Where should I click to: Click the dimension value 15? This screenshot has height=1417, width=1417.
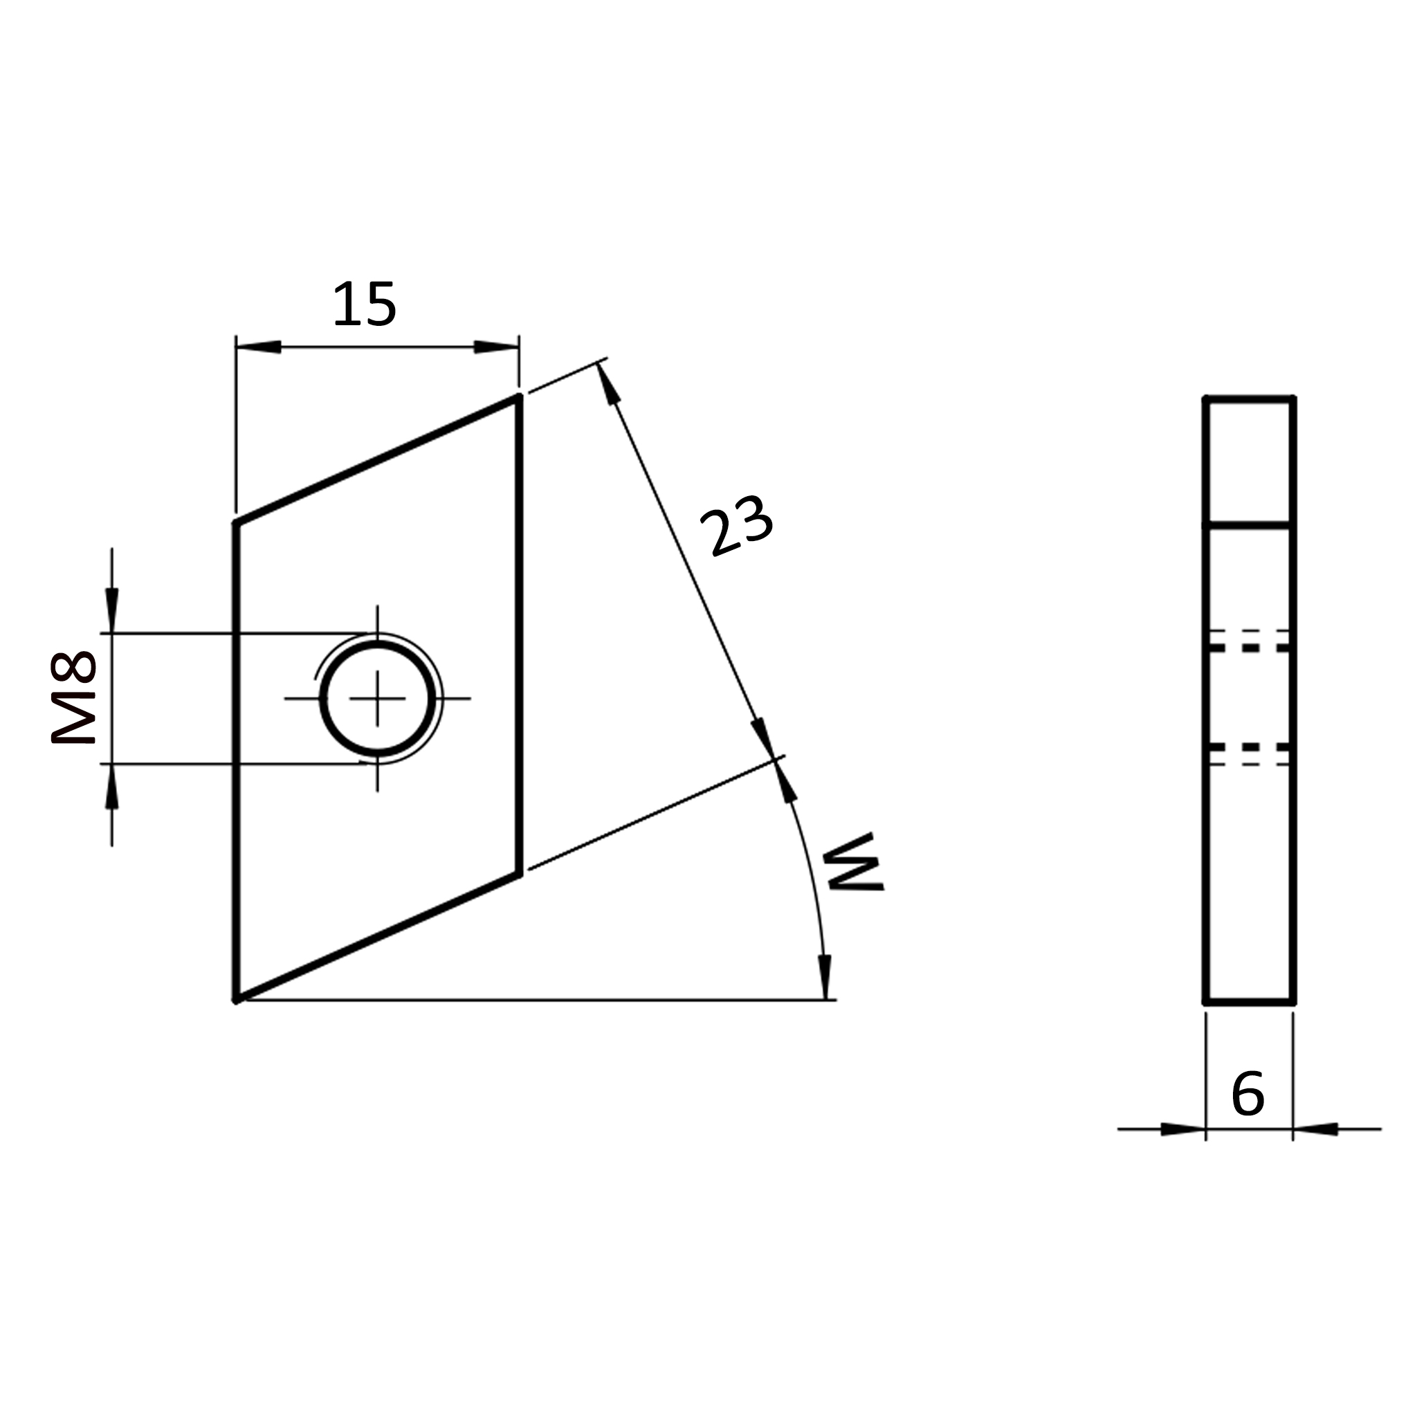coord(365,304)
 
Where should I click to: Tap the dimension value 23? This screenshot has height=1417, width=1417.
coord(736,525)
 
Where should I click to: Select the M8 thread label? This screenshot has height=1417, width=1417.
coord(73,697)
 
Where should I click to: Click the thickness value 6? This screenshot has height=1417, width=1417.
coord(1247,1094)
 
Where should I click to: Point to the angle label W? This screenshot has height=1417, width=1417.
coord(854,863)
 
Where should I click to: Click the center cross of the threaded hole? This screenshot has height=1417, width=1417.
coord(378,698)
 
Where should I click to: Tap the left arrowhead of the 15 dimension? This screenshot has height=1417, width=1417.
coord(258,347)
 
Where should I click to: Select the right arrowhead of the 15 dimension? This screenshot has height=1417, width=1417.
coord(497,347)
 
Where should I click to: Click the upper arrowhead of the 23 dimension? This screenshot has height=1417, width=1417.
coord(608,383)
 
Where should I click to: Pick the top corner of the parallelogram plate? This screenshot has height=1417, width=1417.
coord(520,396)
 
